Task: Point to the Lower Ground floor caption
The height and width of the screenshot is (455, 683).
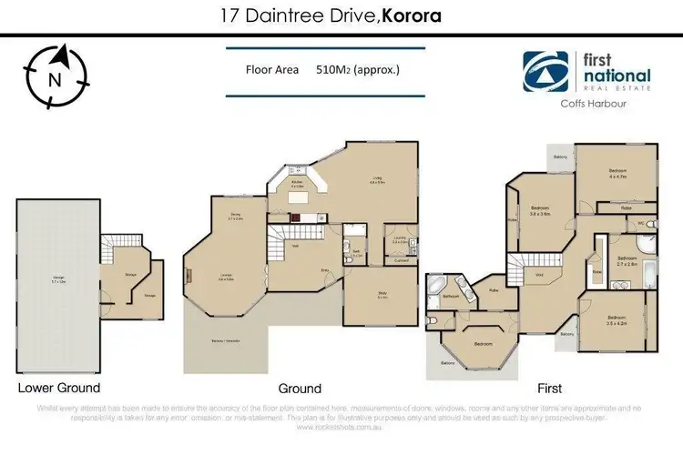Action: (x=58, y=388)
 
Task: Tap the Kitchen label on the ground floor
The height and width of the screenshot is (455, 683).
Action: (x=297, y=184)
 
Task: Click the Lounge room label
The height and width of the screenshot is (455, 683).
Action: (x=222, y=279)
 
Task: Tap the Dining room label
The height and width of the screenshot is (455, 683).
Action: (x=234, y=217)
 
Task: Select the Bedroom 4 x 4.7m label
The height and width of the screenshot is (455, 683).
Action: (x=618, y=171)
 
